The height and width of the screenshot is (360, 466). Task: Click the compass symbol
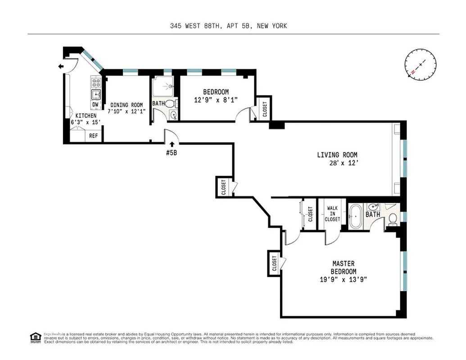pyautogui.click(x=421, y=64)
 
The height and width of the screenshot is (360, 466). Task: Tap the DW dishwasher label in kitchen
pyautogui.click(x=95, y=105)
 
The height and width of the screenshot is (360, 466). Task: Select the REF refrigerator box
pyautogui.click(x=94, y=135)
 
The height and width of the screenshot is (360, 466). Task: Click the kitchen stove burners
pyautogui.click(x=96, y=82)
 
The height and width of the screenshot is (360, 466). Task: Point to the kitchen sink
pyautogui.click(x=96, y=94)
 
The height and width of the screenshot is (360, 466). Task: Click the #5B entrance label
pyautogui.click(x=172, y=153)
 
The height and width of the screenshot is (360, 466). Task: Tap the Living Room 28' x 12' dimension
pyautogui.click(x=344, y=163)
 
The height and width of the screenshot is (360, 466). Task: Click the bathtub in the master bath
pyautogui.click(x=355, y=217)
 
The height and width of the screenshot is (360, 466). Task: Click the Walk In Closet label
pyautogui.click(x=332, y=214)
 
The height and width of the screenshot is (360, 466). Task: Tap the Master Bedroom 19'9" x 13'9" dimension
pyautogui.click(x=344, y=279)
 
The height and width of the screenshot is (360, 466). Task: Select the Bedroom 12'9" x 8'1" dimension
pyautogui.click(x=216, y=100)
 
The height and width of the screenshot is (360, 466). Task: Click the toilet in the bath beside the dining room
pyautogui.click(x=170, y=103)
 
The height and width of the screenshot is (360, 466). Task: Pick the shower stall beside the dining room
pyautogui.click(x=162, y=85)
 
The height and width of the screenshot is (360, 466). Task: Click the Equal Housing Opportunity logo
pyautogui.click(x=35, y=337)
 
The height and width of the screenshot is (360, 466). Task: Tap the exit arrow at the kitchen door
pyautogui.click(x=61, y=67)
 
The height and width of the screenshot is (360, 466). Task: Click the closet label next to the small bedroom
pyautogui.click(x=264, y=108)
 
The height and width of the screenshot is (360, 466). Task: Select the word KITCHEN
pyautogui.click(x=86, y=116)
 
